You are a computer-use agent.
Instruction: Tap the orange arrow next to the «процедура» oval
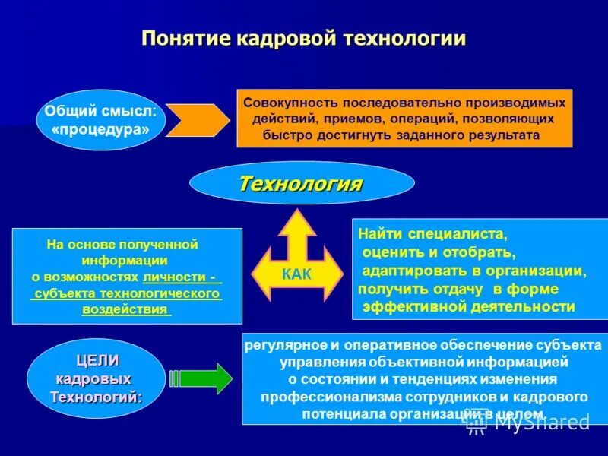(x=197, y=120)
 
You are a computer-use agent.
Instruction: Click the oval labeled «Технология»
(x=301, y=183)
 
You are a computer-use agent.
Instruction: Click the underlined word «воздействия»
(x=125, y=310)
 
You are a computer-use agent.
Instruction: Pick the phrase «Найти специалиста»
(x=432, y=236)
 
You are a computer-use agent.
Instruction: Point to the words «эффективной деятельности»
(x=468, y=306)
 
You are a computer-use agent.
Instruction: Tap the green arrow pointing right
(x=204, y=378)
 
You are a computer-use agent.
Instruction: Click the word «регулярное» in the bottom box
(x=281, y=346)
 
